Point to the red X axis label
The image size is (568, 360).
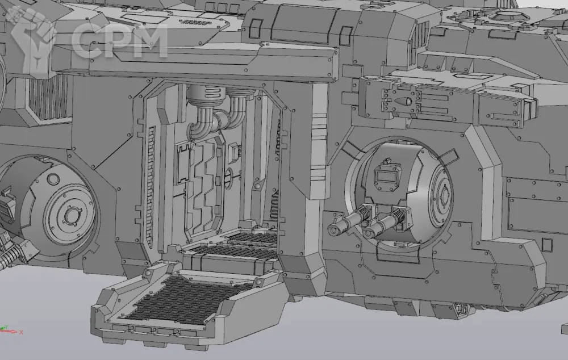(x=22, y=332)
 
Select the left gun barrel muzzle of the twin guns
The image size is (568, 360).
(x=333, y=229)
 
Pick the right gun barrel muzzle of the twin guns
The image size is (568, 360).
(x=367, y=232)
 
